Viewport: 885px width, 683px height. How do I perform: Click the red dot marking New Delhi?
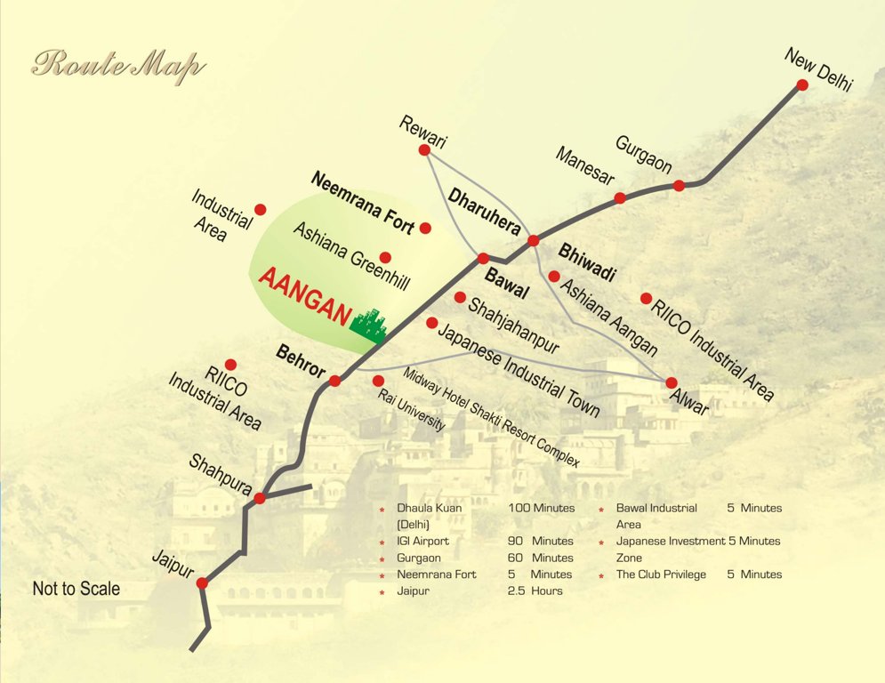click(x=801, y=84)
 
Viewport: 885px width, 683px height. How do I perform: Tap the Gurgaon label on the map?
click(x=643, y=156)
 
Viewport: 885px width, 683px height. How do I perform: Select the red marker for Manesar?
click(x=620, y=197)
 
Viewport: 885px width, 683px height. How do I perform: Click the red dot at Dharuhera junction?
click(x=534, y=240)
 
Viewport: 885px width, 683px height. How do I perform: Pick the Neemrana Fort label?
click(x=363, y=202)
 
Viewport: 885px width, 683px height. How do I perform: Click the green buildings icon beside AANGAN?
click(x=369, y=325)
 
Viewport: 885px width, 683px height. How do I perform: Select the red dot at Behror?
click(x=334, y=381)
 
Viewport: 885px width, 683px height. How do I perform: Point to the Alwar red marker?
click(x=672, y=382)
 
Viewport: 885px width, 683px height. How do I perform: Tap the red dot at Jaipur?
click(x=202, y=583)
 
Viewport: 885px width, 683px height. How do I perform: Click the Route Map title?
click(x=118, y=67)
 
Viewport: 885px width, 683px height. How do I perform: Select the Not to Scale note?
click(x=76, y=589)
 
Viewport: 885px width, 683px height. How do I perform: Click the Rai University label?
click(x=412, y=411)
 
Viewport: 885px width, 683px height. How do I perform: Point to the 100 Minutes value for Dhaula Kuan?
click(x=542, y=508)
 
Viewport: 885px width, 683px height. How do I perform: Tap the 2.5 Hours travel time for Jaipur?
click(x=535, y=591)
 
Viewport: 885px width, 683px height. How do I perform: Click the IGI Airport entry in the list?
click(x=422, y=541)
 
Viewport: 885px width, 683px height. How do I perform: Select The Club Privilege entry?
click(x=661, y=575)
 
